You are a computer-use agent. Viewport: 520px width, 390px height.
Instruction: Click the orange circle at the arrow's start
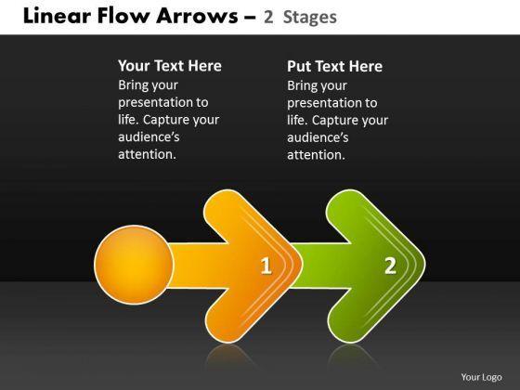point(134,265)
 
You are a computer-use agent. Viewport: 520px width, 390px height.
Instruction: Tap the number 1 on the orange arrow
point(266,266)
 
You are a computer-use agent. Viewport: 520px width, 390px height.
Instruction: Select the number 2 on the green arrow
point(390,266)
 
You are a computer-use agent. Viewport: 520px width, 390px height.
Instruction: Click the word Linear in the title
point(57,16)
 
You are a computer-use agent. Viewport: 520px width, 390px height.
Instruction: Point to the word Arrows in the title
point(197,16)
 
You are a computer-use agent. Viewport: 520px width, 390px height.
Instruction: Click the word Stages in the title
point(310,17)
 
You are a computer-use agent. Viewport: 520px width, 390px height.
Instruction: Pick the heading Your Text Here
point(170,66)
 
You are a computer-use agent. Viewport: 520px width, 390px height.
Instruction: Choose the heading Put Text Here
point(334,66)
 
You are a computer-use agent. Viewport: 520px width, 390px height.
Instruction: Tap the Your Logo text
point(481,377)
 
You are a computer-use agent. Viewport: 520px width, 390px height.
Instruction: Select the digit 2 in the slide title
point(268,17)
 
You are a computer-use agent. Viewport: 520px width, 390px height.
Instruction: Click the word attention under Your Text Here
point(147,154)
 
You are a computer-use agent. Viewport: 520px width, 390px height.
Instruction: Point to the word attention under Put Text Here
point(316,155)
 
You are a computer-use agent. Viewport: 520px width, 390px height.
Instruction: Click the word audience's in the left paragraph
point(149,137)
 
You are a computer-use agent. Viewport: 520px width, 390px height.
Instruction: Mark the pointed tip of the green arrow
point(425,265)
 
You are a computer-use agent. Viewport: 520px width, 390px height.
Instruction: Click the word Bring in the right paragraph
point(301,85)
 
